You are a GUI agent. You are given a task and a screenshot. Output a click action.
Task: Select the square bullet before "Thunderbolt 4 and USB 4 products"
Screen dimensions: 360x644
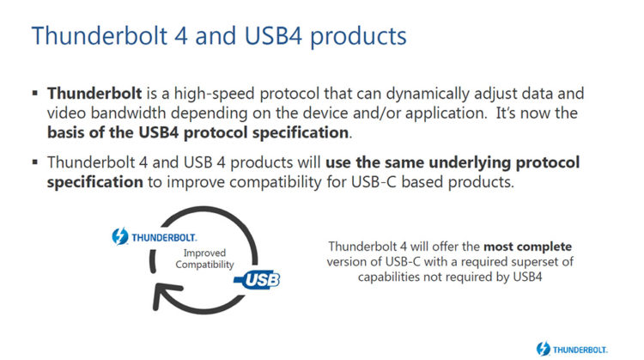point(35,163)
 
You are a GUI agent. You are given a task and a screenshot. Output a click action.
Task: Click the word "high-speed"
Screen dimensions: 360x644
point(204,93)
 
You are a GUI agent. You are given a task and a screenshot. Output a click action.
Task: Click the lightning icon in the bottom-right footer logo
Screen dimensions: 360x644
point(543,348)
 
